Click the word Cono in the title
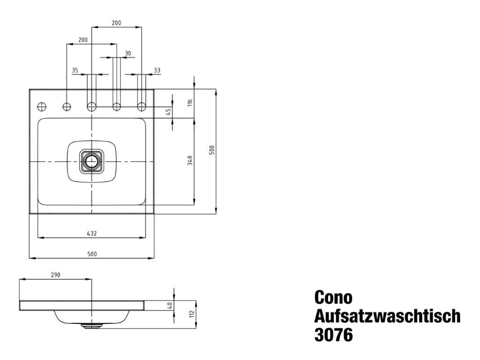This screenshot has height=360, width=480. (333, 297)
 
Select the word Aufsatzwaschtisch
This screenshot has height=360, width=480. (387, 316)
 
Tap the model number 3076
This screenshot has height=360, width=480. (333, 335)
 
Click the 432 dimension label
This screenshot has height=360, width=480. (92, 233)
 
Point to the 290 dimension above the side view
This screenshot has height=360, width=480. (55, 275)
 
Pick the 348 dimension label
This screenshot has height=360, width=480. (190, 160)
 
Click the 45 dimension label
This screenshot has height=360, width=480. (168, 112)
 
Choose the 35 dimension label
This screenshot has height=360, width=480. (75, 70)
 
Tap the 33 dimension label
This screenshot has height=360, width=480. (157, 70)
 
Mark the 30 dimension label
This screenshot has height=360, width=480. (128, 53)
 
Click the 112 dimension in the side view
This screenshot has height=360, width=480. (192, 314)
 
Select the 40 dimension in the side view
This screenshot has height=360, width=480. (171, 305)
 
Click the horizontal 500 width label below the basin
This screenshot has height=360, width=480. (92, 254)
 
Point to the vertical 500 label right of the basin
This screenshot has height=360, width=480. (212, 150)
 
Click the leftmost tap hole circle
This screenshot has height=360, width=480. (42, 107)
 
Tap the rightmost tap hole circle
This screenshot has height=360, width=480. (142, 107)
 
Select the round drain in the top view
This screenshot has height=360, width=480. (91, 161)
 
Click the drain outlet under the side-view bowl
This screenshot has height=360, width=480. (91, 325)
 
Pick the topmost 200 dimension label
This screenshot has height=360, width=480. (116, 22)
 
